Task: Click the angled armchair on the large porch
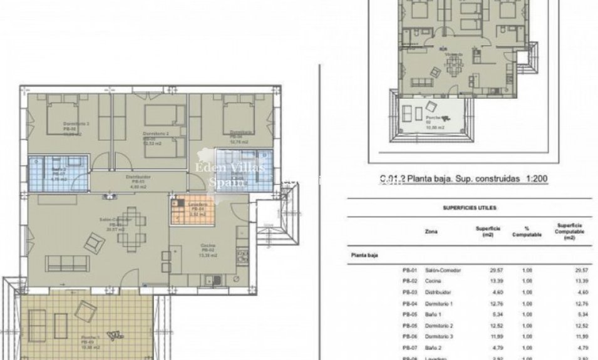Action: pyautogui.click(x=85, y=310)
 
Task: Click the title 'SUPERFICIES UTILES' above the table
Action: pyautogui.click(x=466, y=207)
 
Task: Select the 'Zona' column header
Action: pyautogui.click(x=431, y=231)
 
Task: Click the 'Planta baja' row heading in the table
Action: pyautogui.click(x=366, y=255)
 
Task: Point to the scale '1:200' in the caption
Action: pyautogui.click(x=537, y=178)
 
